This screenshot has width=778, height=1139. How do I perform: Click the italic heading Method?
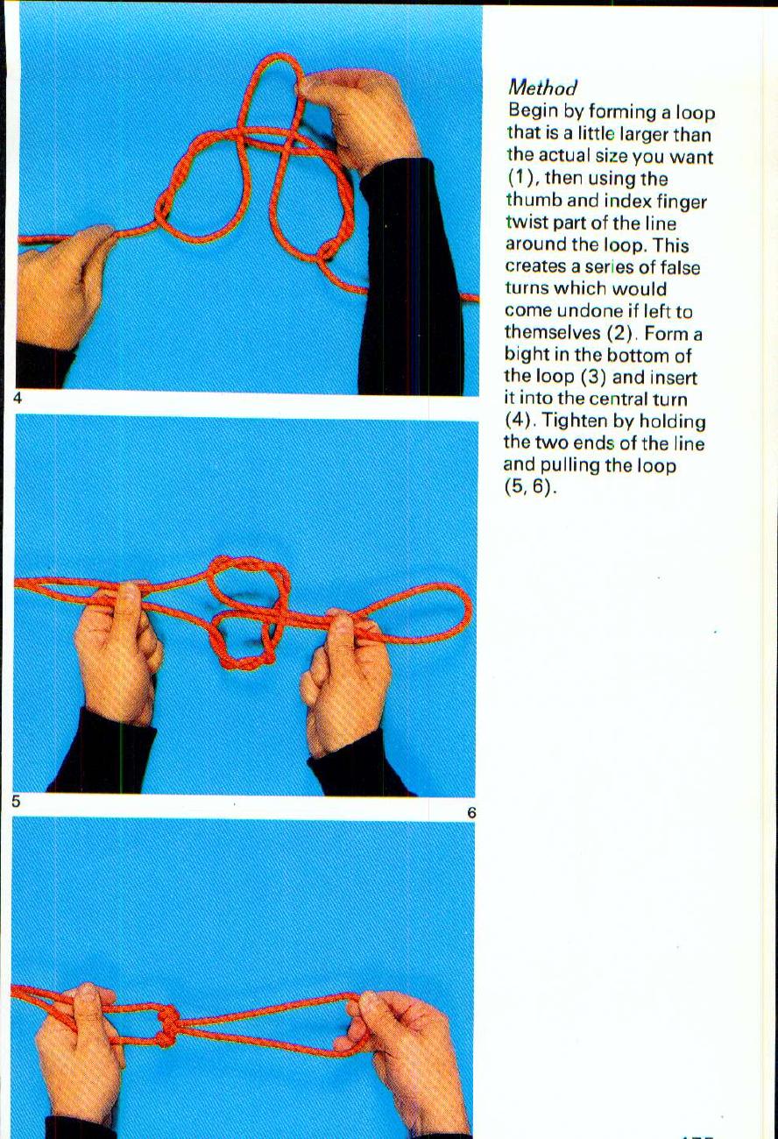pyautogui.click(x=542, y=88)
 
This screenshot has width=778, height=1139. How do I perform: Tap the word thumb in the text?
pyautogui.click(x=534, y=201)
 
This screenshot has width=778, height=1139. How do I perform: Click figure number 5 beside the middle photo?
pyautogui.click(x=17, y=801)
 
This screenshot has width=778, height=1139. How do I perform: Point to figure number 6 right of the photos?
pyautogui.click(x=471, y=813)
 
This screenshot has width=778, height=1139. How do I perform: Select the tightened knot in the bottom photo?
pyautogui.click(x=168, y=1025)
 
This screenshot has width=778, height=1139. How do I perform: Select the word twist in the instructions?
pyautogui.click(x=526, y=223)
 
